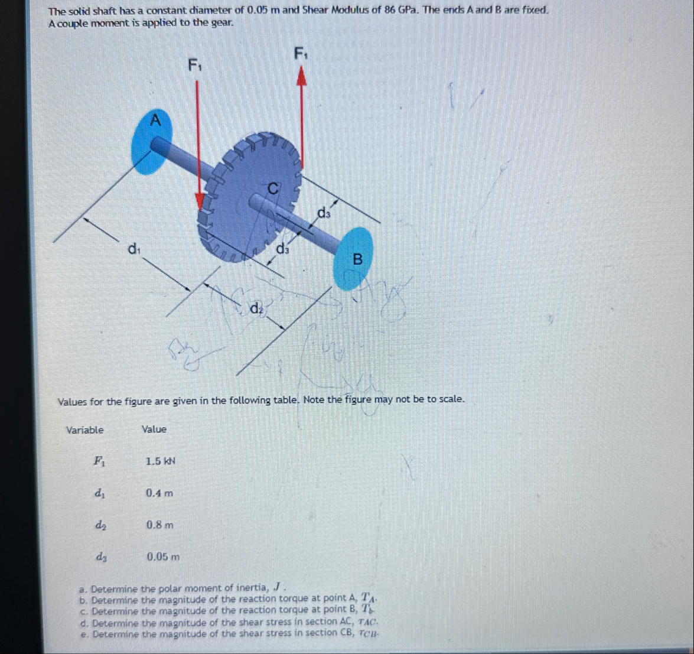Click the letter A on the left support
point(155,119)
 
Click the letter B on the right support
point(357,259)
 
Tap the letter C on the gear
point(273,188)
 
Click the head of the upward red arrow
point(301,76)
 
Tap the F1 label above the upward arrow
point(301,54)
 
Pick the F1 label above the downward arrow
point(195,66)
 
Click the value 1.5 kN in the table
point(161,461)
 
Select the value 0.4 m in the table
point(159,493)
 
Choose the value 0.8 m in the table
point(160,525)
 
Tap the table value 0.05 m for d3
point(164,557)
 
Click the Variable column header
point(84,430)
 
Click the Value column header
point(154,429)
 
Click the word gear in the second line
point(221,23)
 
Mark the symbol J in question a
point(278,587)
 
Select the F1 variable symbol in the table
point(99,461)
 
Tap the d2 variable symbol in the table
point(100,526)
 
